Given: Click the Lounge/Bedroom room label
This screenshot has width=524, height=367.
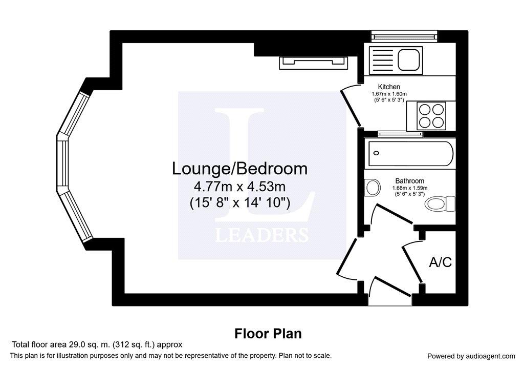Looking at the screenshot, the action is click(x=239, y=169).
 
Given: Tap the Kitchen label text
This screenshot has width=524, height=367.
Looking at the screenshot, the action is click(x=389, y=87).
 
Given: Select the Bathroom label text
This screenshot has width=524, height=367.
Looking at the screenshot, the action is click(x=410, y=181).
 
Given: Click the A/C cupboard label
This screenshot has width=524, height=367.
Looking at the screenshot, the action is click(x=440, y=262).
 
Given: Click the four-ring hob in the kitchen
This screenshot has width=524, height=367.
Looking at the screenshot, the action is click(x=431, y=115).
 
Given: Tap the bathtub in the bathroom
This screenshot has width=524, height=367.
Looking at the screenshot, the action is click(x=410, y=153).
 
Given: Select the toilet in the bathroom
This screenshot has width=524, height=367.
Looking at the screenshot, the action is click(x=440, y=203).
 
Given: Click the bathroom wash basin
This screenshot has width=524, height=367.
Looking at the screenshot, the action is click(x=373, y=187).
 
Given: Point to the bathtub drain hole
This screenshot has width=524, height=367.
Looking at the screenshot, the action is click(x=376, y=153).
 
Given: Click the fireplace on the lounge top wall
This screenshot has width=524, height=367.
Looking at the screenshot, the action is click(x=314, y=63).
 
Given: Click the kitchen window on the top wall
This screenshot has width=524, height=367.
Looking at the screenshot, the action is click(x=404, y=34).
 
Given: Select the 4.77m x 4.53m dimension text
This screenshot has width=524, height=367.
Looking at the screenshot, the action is click(x=239, y=186).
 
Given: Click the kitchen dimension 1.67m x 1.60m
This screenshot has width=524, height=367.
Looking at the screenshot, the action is click(x=389, y=94).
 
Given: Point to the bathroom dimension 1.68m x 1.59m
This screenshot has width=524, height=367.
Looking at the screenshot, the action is click(x=410, y=188).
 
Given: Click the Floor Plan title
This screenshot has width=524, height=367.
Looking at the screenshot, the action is click(x=268, y=334).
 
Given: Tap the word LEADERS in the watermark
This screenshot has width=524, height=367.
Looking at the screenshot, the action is click(x=261, y=235).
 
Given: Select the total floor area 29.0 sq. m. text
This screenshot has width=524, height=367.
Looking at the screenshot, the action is click(x=97, y=344).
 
